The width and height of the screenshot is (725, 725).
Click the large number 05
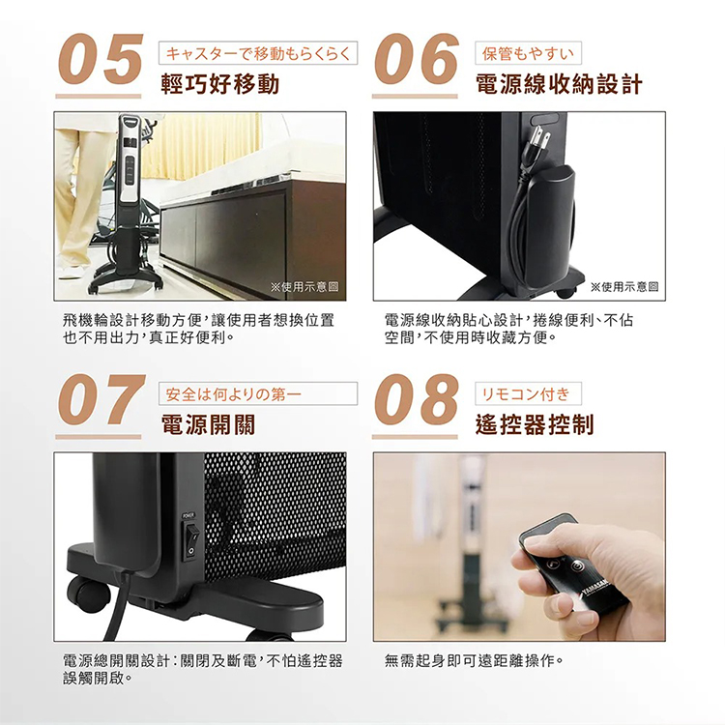pyautogui.click(x=100, y=60)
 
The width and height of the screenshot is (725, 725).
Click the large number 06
pyautogui.click(x=416, y=60)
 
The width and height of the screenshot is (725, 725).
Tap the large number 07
pyautogui.click(x=100, y=400)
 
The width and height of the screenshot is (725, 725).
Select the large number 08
pyautogui.click(x=416, y=400)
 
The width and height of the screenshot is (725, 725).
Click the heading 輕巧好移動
pyautogui.click(x=220, y=85)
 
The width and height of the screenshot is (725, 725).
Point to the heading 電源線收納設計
pyautogui.click(x=559, y=85)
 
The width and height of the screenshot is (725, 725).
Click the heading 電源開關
pyautogui.click(x=208, y=425)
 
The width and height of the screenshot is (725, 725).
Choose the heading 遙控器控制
pyautogui.click(x=535, y=425)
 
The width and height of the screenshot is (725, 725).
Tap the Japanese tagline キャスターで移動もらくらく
pyautogui.click(x=257, y=53)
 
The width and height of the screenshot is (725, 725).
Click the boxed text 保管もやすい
pyautogui.click(x=532, y=53)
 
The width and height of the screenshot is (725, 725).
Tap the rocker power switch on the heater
pyautogui.click(x=191, y=534)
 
